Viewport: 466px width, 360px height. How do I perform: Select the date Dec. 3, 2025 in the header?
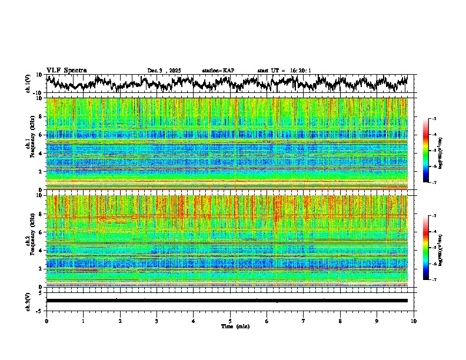164,71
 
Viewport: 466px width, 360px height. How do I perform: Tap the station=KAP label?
218,71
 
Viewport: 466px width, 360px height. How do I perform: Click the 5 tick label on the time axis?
230,321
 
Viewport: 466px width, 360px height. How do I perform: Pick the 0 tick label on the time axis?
46,321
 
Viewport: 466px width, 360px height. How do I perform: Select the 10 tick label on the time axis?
414,321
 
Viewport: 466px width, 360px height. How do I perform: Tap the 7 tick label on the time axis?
304,321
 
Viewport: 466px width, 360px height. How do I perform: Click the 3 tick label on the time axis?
157,321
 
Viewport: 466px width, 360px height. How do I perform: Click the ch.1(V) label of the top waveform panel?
28,84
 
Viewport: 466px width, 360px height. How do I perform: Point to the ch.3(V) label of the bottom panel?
28,301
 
